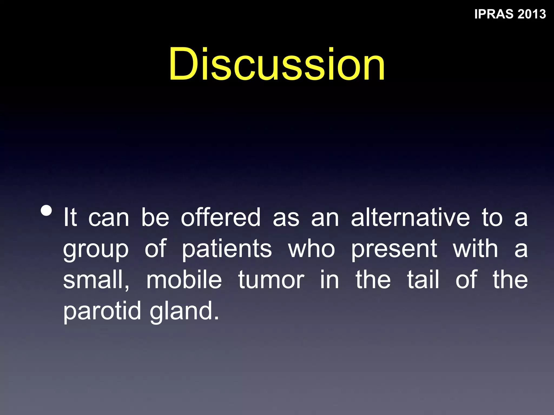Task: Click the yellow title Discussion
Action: click(x=277, y=64)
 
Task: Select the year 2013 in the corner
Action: click(x=532, y=14)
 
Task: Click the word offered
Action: click(x=220, y=217)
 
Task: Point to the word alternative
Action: click(x=410, y=217)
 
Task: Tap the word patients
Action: click(x=227, y=249)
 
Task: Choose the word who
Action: click(x=312, y=249)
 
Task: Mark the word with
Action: click(x=475, y=249)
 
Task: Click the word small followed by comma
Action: click(x=96, y=280)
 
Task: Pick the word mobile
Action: click(x=184, y=280)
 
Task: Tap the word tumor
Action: click(x=271, y=280)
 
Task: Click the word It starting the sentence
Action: click(x=70, y=217)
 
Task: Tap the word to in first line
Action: click(x=492, y=217)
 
